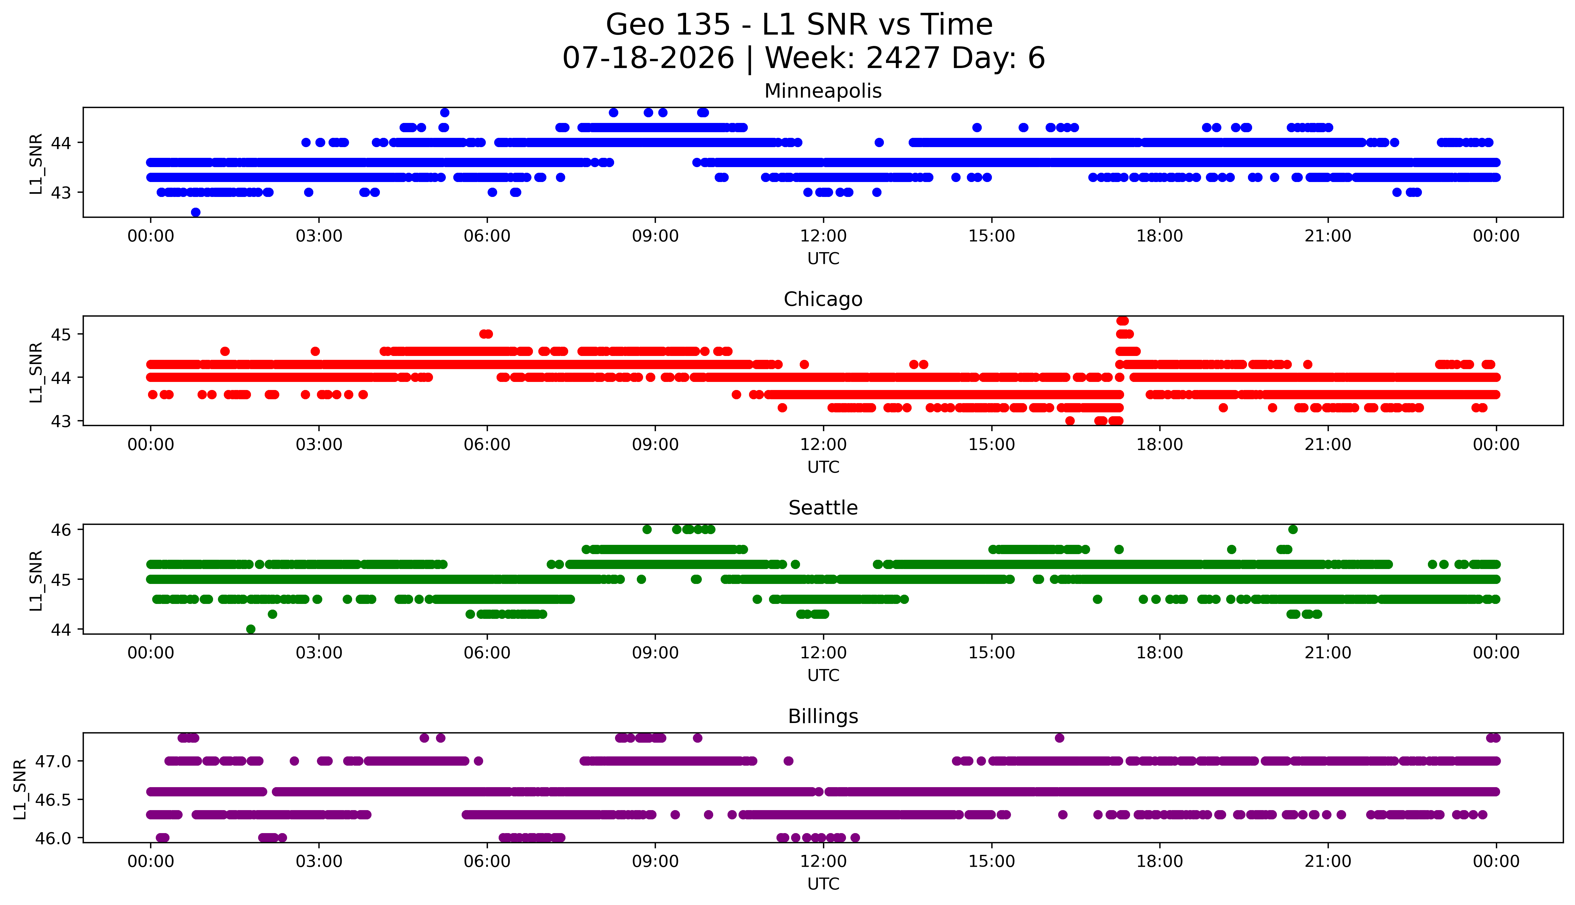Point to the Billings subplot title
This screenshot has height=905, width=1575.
tap(823, 716)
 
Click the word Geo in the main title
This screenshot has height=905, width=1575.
tap(636, 25)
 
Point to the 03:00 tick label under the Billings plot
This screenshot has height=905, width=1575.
tap(319, 861)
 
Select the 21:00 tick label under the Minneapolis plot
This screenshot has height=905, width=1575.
tap(1328, 236)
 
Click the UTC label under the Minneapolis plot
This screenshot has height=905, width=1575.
tap(823, 259)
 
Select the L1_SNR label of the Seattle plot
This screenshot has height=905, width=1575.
tap(36, 581)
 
